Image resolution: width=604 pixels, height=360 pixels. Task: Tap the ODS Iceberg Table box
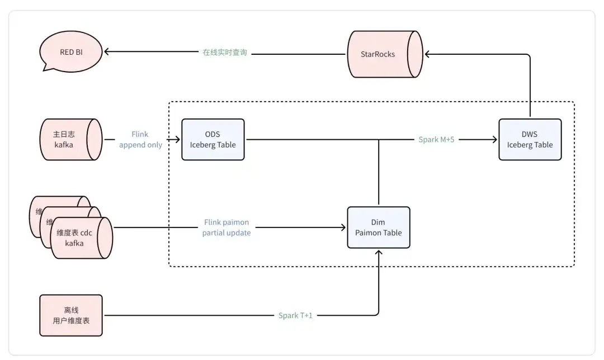click(213, 140)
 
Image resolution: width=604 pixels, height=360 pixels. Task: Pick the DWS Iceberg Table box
click(530, 140)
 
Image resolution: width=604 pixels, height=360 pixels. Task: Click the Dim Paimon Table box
click(379, 228)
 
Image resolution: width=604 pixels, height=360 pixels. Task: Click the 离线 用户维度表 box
click(71, 316)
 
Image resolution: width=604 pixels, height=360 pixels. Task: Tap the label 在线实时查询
click(224, 53)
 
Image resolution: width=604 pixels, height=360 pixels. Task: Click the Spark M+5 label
click(436, 140)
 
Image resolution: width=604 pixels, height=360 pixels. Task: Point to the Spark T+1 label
click(295, 316)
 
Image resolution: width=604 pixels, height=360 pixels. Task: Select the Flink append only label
click(140, 140)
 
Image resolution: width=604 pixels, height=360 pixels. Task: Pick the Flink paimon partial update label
click(226, 228)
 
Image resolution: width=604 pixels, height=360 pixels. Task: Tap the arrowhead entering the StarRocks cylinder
click(428, 54)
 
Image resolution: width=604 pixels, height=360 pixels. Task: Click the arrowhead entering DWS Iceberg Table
click(494, 140)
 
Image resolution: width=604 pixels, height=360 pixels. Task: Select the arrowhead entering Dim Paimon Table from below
click(379, 253)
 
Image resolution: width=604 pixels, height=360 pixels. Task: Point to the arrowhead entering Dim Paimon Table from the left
click(343, 228)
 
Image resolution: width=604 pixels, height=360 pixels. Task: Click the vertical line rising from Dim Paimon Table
click(379, 173)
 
